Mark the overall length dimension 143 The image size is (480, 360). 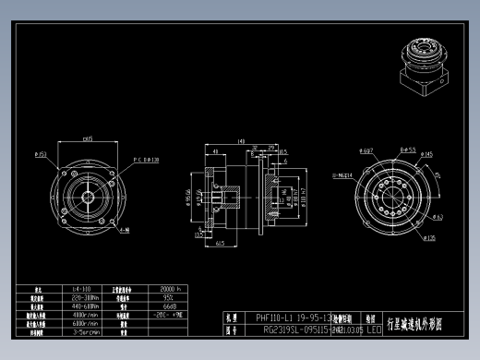(241, 141)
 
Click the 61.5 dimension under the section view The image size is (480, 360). (220, 245)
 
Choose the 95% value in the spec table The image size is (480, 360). (168, 298)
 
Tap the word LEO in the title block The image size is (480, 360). (374, 329)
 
